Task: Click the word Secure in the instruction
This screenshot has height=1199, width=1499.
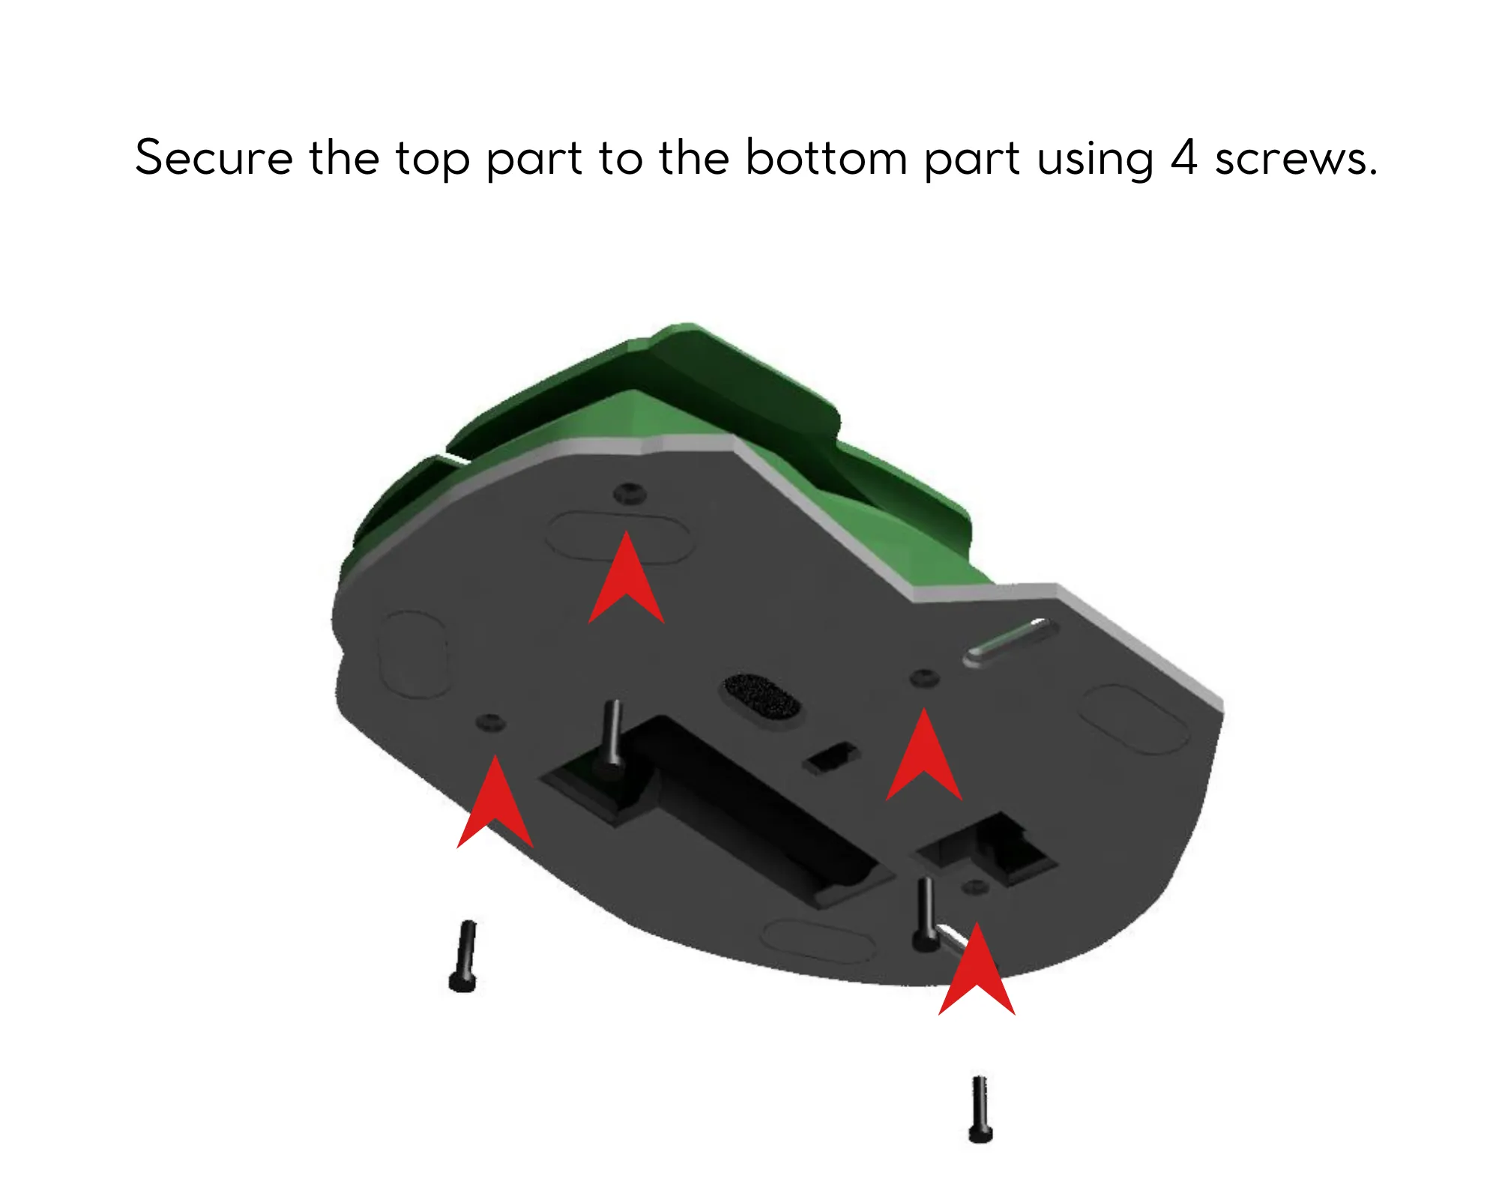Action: point(214,158)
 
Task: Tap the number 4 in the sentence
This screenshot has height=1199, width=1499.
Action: point(1183,158)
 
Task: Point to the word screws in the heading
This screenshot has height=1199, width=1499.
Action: point(1295,161)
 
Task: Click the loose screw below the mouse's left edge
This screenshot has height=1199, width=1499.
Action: point(465,956)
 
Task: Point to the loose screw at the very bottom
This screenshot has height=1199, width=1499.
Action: point(980,1110)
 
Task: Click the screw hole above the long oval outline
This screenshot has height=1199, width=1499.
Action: point(630,493)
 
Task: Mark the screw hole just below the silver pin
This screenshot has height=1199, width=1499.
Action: point(924,678)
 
